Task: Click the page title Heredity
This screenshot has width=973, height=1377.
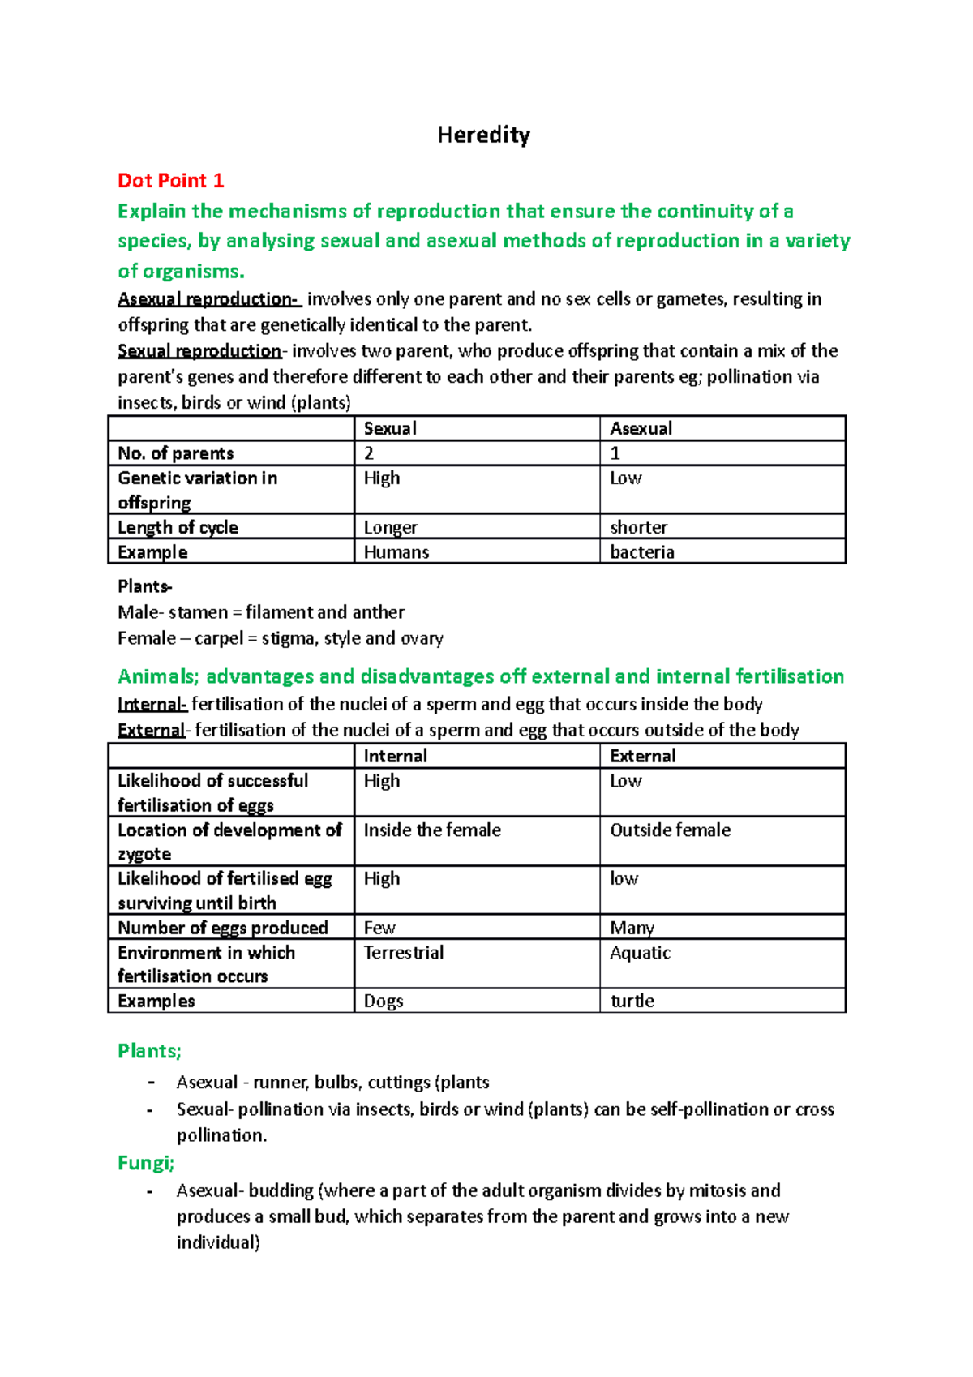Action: (483, 135)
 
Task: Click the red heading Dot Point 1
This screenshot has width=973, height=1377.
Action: (170, 180)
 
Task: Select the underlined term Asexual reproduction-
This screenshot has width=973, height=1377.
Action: (209, 299)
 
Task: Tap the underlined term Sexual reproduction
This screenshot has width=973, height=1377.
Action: (199, 351)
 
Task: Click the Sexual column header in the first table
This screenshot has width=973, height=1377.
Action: (390, 428)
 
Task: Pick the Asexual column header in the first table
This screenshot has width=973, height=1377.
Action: (641, 428)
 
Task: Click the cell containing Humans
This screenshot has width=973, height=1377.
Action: (396, 552)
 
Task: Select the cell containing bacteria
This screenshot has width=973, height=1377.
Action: (642, 552)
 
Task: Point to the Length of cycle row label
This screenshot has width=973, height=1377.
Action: (178, 527)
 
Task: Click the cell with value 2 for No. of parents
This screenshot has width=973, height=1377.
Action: (369, 453)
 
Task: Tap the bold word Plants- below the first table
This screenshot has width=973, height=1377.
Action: (144, 586)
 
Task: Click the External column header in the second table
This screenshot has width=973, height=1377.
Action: (642, 756)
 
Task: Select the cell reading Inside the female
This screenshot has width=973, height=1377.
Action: (432, 830)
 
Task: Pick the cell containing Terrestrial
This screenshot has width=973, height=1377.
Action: (403, 952)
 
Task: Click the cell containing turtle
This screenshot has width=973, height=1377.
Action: (632, 1001)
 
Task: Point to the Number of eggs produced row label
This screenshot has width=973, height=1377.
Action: (223, 928)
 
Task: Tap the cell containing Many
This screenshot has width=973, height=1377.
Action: (632, 928)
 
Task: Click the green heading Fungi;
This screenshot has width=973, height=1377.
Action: (146, 1163)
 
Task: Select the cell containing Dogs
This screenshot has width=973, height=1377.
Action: (384, 1001)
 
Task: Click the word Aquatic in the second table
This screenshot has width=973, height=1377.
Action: (640, 952)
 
